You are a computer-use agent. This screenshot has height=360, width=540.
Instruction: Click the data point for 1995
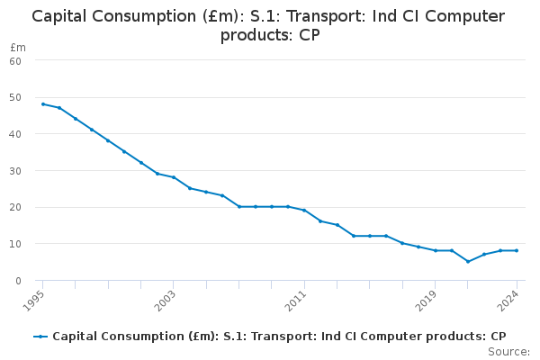[x=42, y=104]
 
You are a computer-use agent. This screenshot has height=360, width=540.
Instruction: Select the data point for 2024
[x=516, y=250]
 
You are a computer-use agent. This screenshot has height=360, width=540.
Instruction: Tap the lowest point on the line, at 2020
[x=468, y=262]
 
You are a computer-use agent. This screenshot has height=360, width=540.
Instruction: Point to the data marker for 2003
[x=173, y=177]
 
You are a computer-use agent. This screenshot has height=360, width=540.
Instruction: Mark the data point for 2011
[x=304, y=211]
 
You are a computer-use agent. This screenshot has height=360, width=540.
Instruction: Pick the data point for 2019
[x=435, y=250]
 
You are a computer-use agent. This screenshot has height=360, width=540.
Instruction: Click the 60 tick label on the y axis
[x=15, y=60]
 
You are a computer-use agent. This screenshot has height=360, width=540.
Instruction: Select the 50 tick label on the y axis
[x=15, y=97]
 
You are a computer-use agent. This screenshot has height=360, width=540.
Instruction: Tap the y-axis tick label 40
[x=15, y=134]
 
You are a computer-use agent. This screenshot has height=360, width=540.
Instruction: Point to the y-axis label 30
[x=15, y=171]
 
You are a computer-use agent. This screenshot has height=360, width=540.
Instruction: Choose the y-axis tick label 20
[x=15, y=207]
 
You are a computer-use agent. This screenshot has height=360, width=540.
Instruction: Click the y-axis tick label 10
[x=15, y=244]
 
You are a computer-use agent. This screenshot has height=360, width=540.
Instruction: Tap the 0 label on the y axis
[x=18, y=281]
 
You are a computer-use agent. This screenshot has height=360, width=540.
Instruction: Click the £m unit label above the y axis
[x=18, y=47]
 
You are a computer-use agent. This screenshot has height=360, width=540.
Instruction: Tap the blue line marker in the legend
[x=40, y=337]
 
